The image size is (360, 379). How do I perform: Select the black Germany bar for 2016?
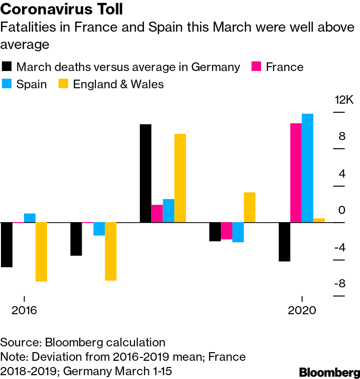(7, 245)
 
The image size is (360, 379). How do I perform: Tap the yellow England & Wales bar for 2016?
(41, 252)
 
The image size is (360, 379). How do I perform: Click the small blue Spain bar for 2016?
(30, 218)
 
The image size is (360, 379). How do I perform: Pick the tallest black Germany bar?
(145, 173)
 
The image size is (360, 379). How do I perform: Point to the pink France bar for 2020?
(296, 173)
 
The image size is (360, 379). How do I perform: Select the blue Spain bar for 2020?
(307, 168)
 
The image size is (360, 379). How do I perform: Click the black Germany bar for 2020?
(284, 242)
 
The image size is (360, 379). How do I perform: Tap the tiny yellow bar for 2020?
(319, 220)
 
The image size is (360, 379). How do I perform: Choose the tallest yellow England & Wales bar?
(180, 178)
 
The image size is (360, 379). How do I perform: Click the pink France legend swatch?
(256, 67)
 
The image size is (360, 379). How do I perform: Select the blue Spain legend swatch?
(7, 84)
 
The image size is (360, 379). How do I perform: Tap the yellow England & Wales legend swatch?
(63, 84)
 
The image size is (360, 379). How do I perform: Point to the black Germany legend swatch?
(7, 67)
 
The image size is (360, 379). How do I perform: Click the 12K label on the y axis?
(344, 100)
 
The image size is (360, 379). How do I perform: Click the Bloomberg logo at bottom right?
(329, 372)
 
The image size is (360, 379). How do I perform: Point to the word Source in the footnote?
(20, 343)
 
